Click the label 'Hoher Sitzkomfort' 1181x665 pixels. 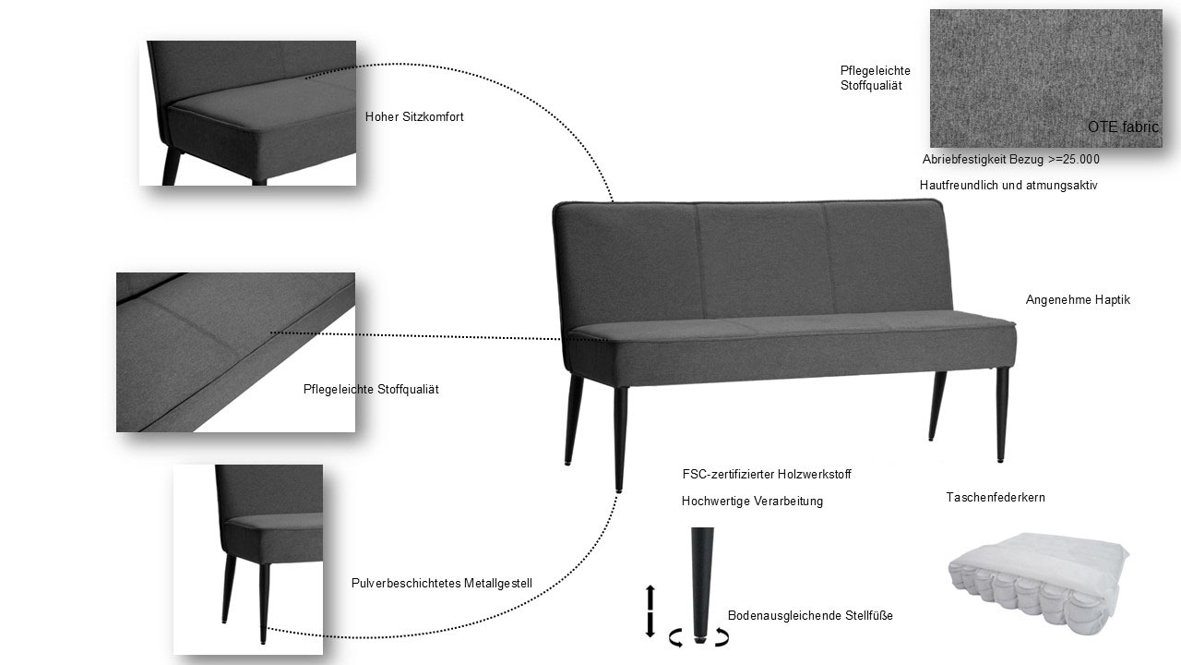click(414, 117)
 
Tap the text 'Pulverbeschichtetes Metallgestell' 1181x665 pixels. click(441, 584)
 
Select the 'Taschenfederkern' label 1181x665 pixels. click(995, 498)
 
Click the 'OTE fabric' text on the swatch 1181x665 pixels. click(1122, 127)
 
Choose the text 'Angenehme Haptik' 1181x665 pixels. click(1077, 300)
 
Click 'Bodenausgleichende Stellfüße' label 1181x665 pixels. click(809, 616)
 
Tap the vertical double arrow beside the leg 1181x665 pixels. click(650, 610)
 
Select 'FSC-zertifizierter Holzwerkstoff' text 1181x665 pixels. click(766, 475)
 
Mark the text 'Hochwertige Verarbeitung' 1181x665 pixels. click(751, 502)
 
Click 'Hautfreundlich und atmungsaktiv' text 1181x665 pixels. click(1008, 186)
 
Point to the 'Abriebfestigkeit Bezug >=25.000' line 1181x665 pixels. click(1010, 160)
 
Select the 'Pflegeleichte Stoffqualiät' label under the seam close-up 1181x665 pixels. click(371, 390)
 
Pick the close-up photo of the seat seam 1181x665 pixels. click(235, 352)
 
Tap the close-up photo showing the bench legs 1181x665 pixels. click(248, 559)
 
